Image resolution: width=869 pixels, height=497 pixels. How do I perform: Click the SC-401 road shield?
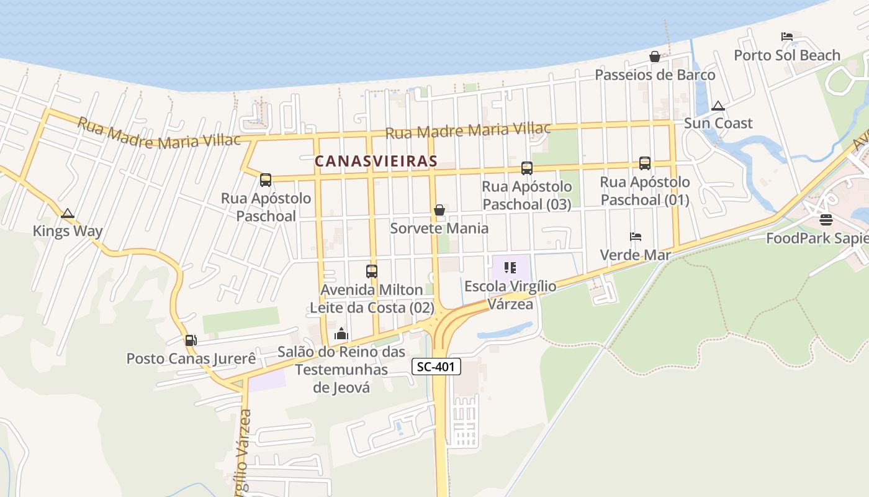coord(436,367)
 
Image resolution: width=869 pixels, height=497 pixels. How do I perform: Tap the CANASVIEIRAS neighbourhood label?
coord(376,161)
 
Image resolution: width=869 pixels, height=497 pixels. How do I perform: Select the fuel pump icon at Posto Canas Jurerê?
coord(191,340)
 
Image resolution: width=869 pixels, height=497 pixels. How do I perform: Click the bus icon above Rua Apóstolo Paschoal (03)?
coord(527,168)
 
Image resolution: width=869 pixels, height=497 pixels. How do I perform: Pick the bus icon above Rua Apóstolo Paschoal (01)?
coord(645,163)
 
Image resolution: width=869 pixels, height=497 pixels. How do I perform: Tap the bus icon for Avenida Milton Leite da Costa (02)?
coord(372,271)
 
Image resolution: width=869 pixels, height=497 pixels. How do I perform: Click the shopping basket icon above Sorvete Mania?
coord(439,210)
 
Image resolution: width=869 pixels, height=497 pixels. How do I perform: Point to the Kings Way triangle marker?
coord(68,214)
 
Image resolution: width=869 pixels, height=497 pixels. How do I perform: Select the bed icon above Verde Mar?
coord(636,237)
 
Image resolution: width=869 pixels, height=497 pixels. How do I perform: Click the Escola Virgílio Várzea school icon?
coord(510,268)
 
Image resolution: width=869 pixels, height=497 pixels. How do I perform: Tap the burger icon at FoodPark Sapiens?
coord(826,220)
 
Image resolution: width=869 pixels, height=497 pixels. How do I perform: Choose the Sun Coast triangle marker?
coord(718,106)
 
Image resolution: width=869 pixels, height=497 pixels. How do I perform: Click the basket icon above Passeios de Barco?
coord(654,57)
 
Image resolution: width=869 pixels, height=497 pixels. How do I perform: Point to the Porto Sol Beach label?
coord(787,55)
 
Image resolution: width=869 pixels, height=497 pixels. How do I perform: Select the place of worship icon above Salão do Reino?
coord(341,334)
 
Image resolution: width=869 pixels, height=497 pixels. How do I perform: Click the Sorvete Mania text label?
coord(439,228)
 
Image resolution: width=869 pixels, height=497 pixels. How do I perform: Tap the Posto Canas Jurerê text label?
coord(191,358)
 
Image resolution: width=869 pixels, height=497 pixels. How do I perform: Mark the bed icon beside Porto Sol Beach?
coord(787,37)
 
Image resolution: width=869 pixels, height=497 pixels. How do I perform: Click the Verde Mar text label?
coord(635,255)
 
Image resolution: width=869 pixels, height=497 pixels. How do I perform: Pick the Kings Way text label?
coord(68,231)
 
